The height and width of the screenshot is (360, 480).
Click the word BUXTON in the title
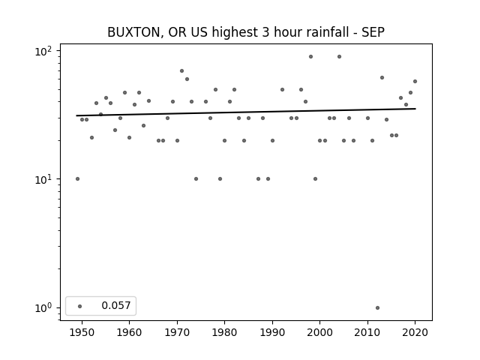click(133, 32)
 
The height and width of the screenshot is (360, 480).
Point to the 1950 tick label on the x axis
click(82, 332)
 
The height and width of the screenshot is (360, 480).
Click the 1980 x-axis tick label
click(224, 332)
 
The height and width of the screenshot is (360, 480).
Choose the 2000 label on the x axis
click(320, 332)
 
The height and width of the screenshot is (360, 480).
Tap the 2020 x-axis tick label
click(415, 332)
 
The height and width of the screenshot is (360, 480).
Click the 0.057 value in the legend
click(116, 305)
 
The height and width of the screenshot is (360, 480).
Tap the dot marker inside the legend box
click(80, 306)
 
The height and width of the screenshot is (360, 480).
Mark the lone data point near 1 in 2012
click(377, 308)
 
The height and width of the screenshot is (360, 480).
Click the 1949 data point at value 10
click(77, 178)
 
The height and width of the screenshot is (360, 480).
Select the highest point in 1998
click(310, 57)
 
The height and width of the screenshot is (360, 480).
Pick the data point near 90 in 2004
click(339, 57)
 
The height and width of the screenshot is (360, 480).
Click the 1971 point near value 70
click(181, 70)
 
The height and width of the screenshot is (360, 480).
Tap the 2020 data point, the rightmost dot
click(415, 82)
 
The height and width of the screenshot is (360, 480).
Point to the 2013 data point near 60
click(382, 78)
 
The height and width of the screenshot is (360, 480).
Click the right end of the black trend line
click(415, 109)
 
